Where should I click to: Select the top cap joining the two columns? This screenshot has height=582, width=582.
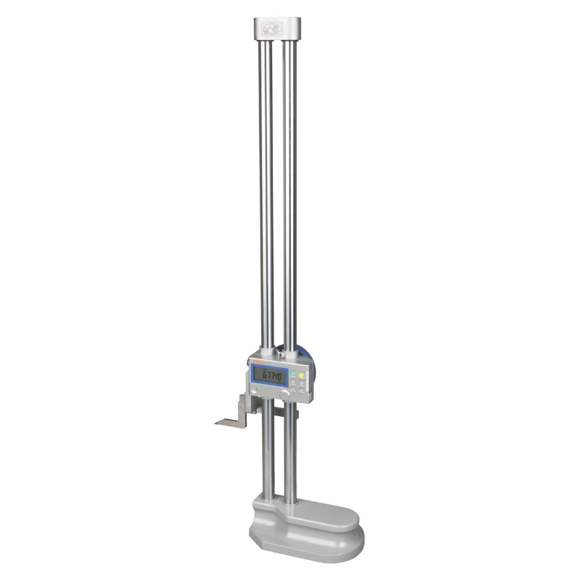[x=277, y=30]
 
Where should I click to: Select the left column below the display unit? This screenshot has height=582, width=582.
[x=268, y=451]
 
